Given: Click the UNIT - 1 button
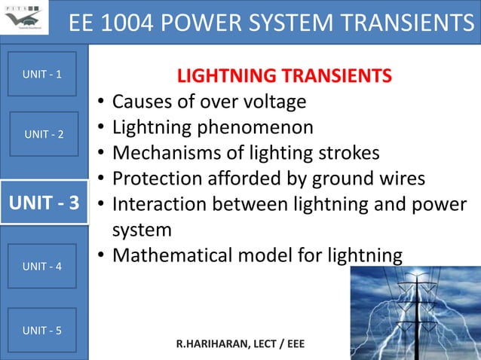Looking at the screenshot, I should coord(42,74).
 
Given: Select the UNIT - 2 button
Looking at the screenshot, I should coord(44,134).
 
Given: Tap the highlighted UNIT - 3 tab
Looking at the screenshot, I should coord(44,203).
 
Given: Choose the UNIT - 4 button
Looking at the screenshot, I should coord(42,266).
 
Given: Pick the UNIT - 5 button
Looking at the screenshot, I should coord(42,330).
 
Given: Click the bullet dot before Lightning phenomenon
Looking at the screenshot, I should coord(100,129).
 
